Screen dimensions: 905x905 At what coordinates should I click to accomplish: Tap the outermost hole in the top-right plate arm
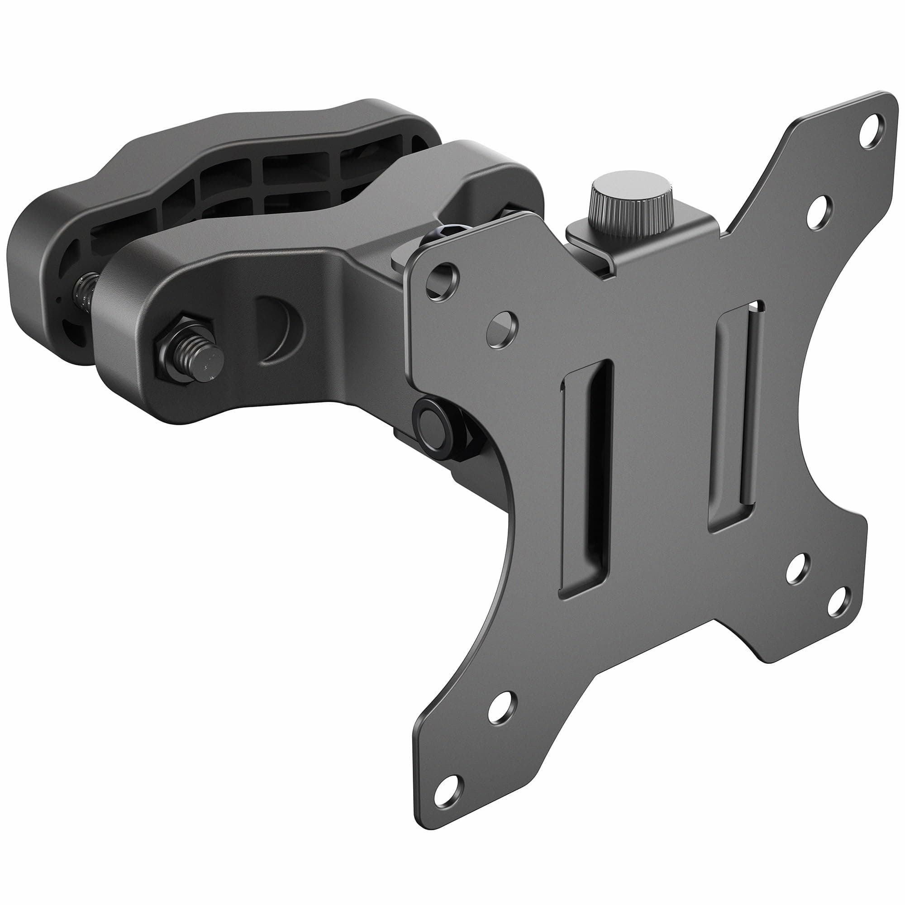(x=871, y=133)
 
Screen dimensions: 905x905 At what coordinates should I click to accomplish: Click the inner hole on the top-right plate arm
(x=819, y=212)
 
